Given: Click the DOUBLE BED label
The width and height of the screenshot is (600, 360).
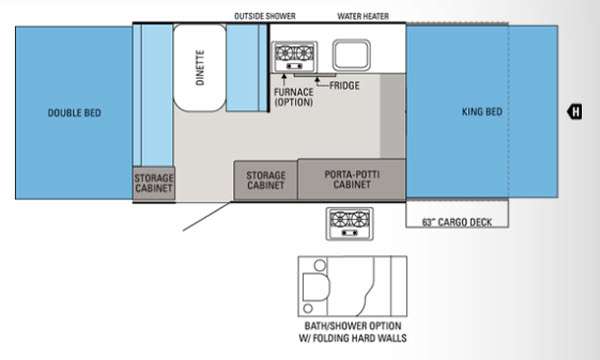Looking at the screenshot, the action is click(74, 113).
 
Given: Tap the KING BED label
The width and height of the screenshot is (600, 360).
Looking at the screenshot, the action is click(482, 112).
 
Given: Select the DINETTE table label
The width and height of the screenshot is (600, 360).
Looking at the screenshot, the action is click(200, 67).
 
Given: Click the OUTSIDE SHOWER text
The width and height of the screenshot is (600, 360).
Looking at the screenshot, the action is click(265, 16).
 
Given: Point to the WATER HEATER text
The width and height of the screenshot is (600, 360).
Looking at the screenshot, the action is click(363, 16).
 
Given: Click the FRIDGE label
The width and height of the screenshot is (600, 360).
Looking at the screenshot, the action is click(344, 85).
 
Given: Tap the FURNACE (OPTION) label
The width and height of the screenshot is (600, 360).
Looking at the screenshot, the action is click(293, 97).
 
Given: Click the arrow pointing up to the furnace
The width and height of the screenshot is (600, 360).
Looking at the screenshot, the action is click(284, 79).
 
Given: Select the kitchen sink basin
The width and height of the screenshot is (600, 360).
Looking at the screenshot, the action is click(351, 55).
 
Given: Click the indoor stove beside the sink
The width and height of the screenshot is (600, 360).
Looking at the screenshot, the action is click(294, 57).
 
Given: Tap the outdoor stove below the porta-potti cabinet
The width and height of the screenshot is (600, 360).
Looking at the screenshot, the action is click(349, 224).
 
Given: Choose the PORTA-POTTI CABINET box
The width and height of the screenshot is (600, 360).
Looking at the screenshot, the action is click(352, 179).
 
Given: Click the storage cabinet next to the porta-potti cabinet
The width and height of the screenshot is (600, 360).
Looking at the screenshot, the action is click(266, 180).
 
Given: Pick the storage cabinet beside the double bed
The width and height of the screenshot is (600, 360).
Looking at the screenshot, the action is click(154, 183).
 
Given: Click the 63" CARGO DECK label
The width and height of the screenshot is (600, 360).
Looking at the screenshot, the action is click(457, 222).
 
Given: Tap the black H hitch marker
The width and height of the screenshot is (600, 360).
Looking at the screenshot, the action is click(575, 112).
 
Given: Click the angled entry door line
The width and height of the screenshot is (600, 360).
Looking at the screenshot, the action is click(207, 217).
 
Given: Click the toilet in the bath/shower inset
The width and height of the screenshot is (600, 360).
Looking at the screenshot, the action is click(316, 287).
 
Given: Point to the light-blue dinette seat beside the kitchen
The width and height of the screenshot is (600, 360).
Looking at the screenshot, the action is click(246, 68).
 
